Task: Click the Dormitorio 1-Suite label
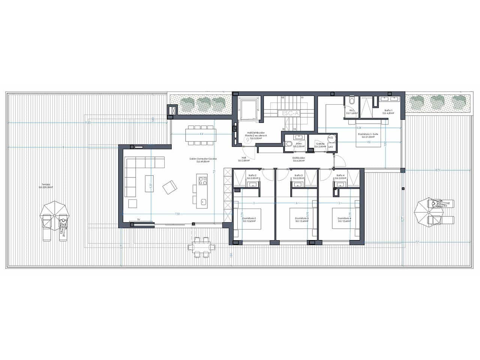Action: (368, 135)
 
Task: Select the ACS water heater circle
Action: (330, 138)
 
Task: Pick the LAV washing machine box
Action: (330, 147)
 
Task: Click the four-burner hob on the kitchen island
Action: (202, 181)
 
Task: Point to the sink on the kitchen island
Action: (203, 202)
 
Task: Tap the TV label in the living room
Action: (138, 219)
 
